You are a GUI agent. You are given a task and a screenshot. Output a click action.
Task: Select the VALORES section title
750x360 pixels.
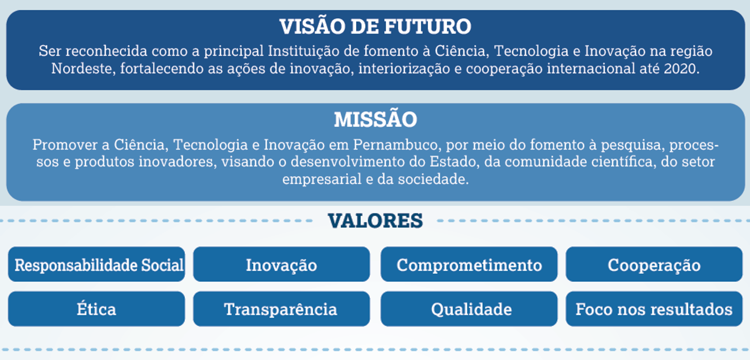coord(375,221)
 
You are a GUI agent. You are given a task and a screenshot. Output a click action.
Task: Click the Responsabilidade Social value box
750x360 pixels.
coord(96,264)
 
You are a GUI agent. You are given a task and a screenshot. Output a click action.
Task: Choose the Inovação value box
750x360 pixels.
coord(282,264)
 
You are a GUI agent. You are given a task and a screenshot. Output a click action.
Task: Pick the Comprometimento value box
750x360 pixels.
coord(469,264)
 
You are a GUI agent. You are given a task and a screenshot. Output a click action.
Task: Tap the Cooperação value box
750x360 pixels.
coord(654,264)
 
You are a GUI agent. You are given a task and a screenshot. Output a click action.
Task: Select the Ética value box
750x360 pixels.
coord(96,309)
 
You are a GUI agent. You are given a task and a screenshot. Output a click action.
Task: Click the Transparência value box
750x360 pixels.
coord(282,309)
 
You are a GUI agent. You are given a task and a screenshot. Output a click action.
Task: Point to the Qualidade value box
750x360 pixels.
coord(469,309)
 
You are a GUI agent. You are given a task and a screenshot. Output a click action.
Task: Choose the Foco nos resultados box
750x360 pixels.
coord(654,309)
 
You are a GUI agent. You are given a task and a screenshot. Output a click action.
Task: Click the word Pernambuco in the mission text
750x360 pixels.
coord(395,145)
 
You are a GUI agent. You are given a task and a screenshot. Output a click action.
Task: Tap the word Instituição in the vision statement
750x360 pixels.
coord(304,51)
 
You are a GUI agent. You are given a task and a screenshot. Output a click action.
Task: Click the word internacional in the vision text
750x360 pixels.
coord(591,69)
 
